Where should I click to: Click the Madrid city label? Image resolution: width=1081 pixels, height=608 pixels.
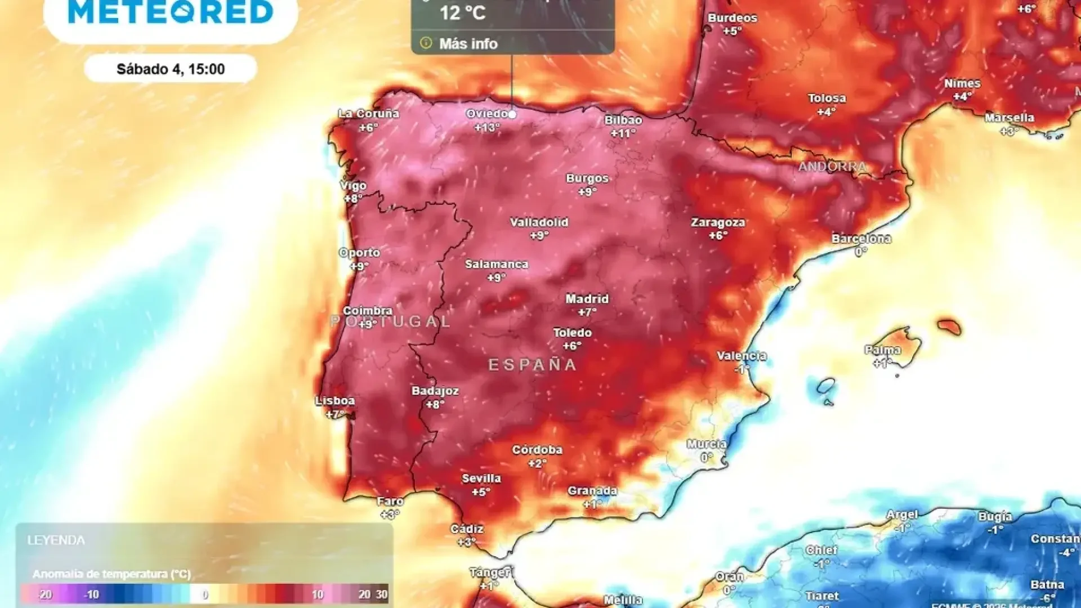[587, 299]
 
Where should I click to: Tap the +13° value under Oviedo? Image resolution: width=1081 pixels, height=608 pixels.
[486, 127]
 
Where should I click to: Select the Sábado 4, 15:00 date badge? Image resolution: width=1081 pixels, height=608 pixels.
[171, 69]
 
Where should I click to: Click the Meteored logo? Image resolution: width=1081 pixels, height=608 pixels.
[171, 12]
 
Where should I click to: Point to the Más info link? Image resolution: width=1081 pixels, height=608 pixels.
[468, 44]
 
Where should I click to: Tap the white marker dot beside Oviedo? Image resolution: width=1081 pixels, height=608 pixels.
[512, 114]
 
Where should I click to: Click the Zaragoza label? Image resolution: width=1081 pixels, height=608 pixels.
[718, 222]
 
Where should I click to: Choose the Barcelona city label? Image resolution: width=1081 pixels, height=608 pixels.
[861, 239]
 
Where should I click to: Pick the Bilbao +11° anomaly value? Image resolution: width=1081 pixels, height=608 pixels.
[623, 133]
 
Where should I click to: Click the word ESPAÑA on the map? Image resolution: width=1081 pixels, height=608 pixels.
[532, 365]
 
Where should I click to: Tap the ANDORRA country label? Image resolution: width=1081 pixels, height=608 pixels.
[832, 167]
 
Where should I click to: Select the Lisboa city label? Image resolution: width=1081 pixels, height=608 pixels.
[335, 401]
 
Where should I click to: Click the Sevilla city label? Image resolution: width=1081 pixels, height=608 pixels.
[481, 479]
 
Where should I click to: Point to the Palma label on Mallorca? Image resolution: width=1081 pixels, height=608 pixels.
[883, 350]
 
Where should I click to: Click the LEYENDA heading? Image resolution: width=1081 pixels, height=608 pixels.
[56, 540]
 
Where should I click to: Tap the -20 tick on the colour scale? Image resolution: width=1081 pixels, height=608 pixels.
[45, 594]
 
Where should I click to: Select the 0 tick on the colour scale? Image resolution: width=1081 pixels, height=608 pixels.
[205, 594]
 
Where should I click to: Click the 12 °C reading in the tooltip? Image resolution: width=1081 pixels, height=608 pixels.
[462, 13]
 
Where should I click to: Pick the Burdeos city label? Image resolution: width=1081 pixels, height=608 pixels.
[732, 18]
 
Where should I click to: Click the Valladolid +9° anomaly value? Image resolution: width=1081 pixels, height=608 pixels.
[539, 236]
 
